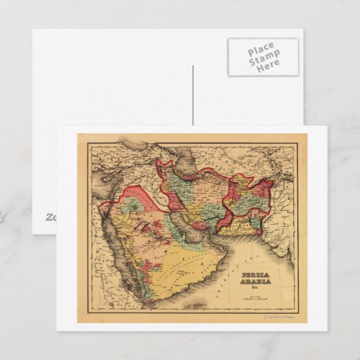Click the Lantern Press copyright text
pyautogui.click(x=278, y=317)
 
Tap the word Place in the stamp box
pyautogui.click(x=262, y=48)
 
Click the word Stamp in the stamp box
pyautogui.click(x=263, y=57)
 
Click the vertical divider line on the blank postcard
pyautogui.click(x=192, y=95)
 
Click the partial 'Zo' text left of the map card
pyautogui.click(x=51, y=217)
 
